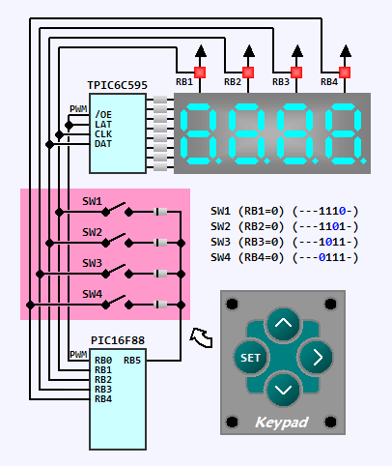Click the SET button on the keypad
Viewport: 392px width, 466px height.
(251, 358)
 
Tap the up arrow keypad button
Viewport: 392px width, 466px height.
(283, 324)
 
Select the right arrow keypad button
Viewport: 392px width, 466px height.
(316, 358)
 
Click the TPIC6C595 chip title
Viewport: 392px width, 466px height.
(118, 85)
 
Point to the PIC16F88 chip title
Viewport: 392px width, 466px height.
(118, 340)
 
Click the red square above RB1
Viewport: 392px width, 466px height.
(200, 73)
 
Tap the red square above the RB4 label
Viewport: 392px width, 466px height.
(345, 73)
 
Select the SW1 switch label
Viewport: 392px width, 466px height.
(92, 201)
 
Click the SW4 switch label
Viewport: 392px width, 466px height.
(92, 294)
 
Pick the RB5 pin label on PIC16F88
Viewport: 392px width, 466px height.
(132, 361)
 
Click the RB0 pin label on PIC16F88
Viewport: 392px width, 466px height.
(103, 361)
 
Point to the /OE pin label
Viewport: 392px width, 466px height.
(103, 115)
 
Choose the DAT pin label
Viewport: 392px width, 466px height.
(103, 144)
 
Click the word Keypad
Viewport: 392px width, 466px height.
(282, 422)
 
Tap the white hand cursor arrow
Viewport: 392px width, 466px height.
(202, 337)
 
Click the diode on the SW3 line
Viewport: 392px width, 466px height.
(160, 274)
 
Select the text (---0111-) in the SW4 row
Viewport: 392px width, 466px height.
(325, 258)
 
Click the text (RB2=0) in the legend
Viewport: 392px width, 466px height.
(261, 227)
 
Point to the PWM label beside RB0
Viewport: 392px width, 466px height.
(78, 355)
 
